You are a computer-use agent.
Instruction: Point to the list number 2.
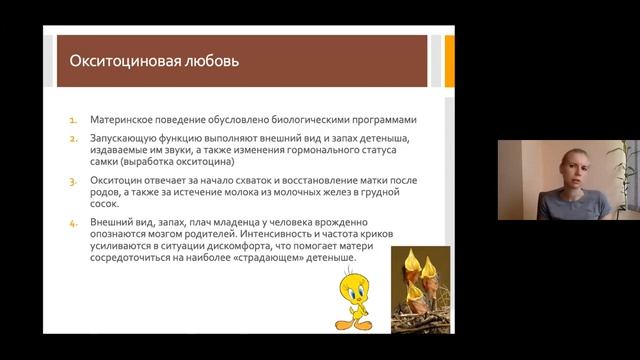point(73,136)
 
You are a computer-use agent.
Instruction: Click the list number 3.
point(73,183)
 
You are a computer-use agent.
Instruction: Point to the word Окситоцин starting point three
point(116,183)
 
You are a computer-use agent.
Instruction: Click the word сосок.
point(104,207)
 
